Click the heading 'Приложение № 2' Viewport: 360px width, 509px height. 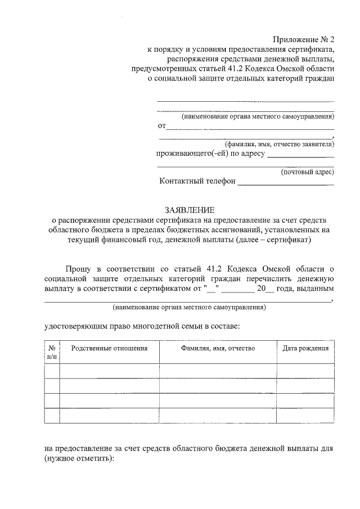point(303,39)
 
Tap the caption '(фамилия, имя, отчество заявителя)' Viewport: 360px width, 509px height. point(279,144)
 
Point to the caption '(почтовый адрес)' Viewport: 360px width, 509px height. point(307,172)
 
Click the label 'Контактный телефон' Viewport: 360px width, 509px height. point(197,182)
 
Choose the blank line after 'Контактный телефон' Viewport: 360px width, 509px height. point(286,183)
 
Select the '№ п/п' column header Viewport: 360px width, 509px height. point(52,352)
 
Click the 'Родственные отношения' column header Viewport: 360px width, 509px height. point(110,348)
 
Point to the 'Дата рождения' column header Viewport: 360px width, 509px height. point(305,348)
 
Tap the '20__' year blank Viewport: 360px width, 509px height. point(265,289)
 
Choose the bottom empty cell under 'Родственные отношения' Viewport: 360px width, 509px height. point(110,416)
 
